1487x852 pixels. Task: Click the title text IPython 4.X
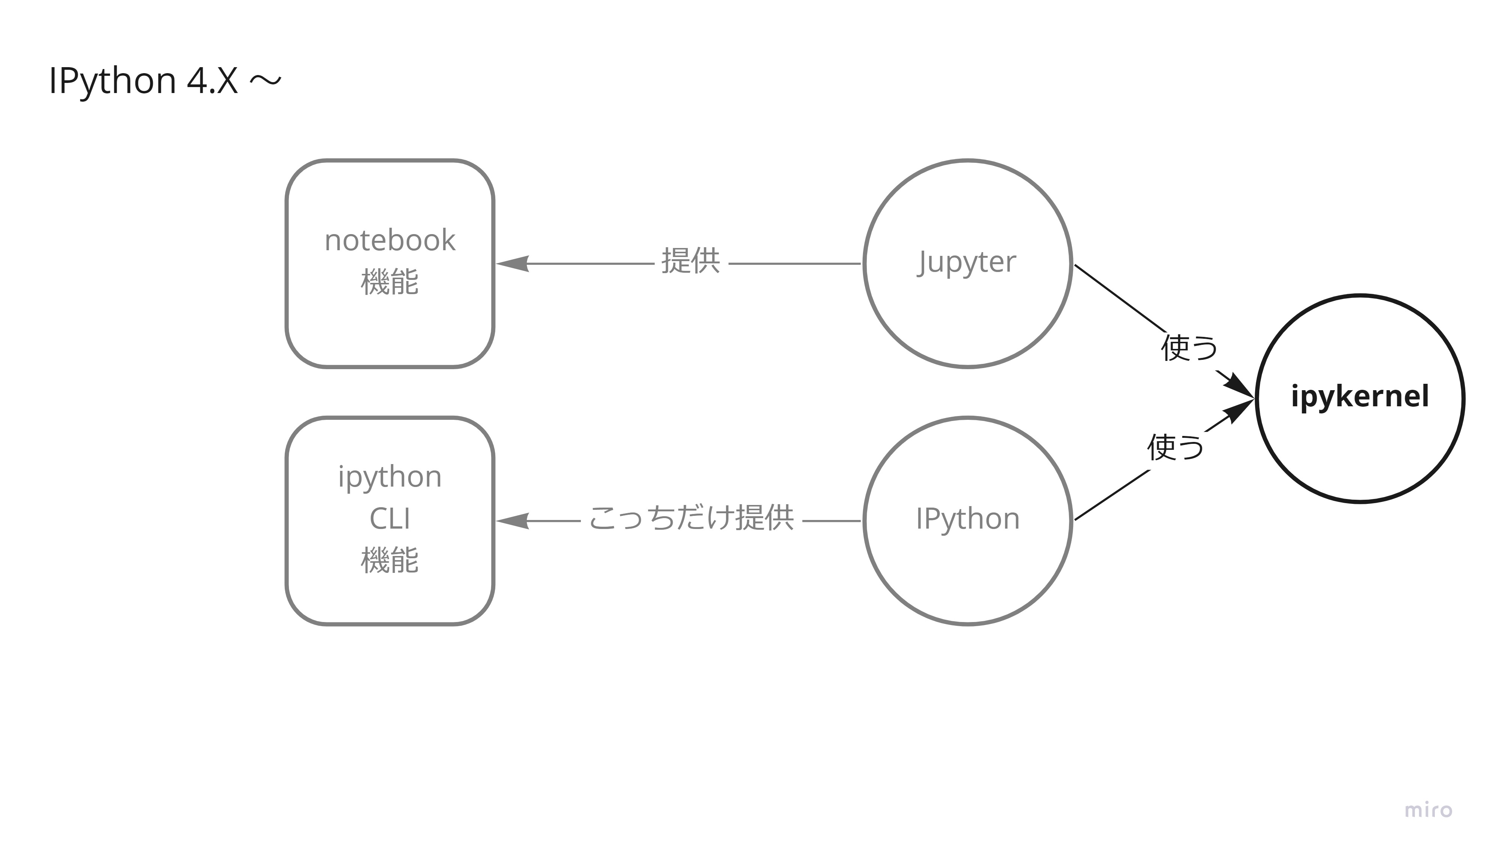(x=143, y=81)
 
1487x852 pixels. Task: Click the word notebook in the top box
(x=390, y=240)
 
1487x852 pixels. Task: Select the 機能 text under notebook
(x=390, y=282)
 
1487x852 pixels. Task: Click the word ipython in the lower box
(x=390, y=477)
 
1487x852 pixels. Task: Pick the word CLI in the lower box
(x=390, y=518)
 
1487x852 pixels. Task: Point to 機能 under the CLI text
(x=390, y=560)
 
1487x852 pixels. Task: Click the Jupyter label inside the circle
(x=967, y=261)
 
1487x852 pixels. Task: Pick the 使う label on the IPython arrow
(x=1175, y=448)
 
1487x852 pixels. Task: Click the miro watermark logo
(x=1428, y=810)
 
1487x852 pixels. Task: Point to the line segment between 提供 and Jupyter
(x=795, y=264)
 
